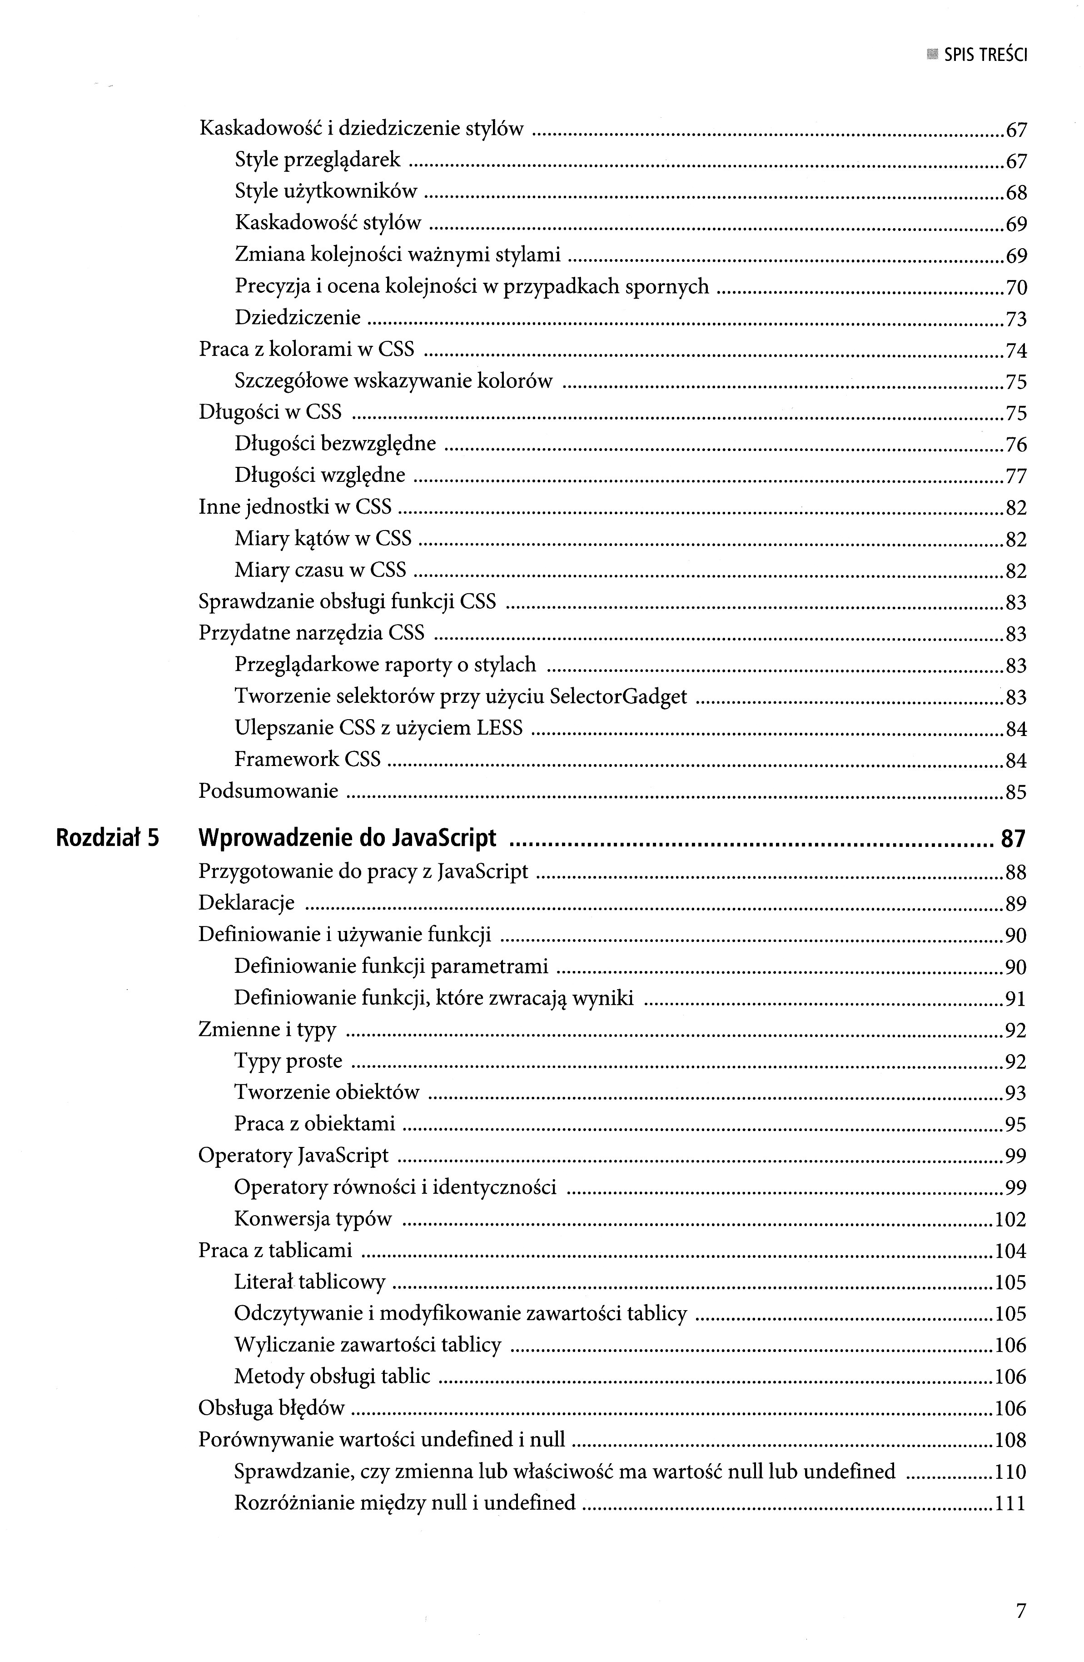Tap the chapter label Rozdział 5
(x=108, y=837)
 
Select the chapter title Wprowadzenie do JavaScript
(x=347, y=837)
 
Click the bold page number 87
(x=1013, y=838)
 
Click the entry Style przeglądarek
(x=318, y=160)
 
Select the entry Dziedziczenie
(x=297, y=318)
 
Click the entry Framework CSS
(x=307, y=759)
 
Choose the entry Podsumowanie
(x=268, y=791)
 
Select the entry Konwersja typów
(x=313, y=1219)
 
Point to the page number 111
(x=1010, y=1503)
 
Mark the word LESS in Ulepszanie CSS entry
(x=499, y=728)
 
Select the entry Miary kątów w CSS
(x=323, y=538)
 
